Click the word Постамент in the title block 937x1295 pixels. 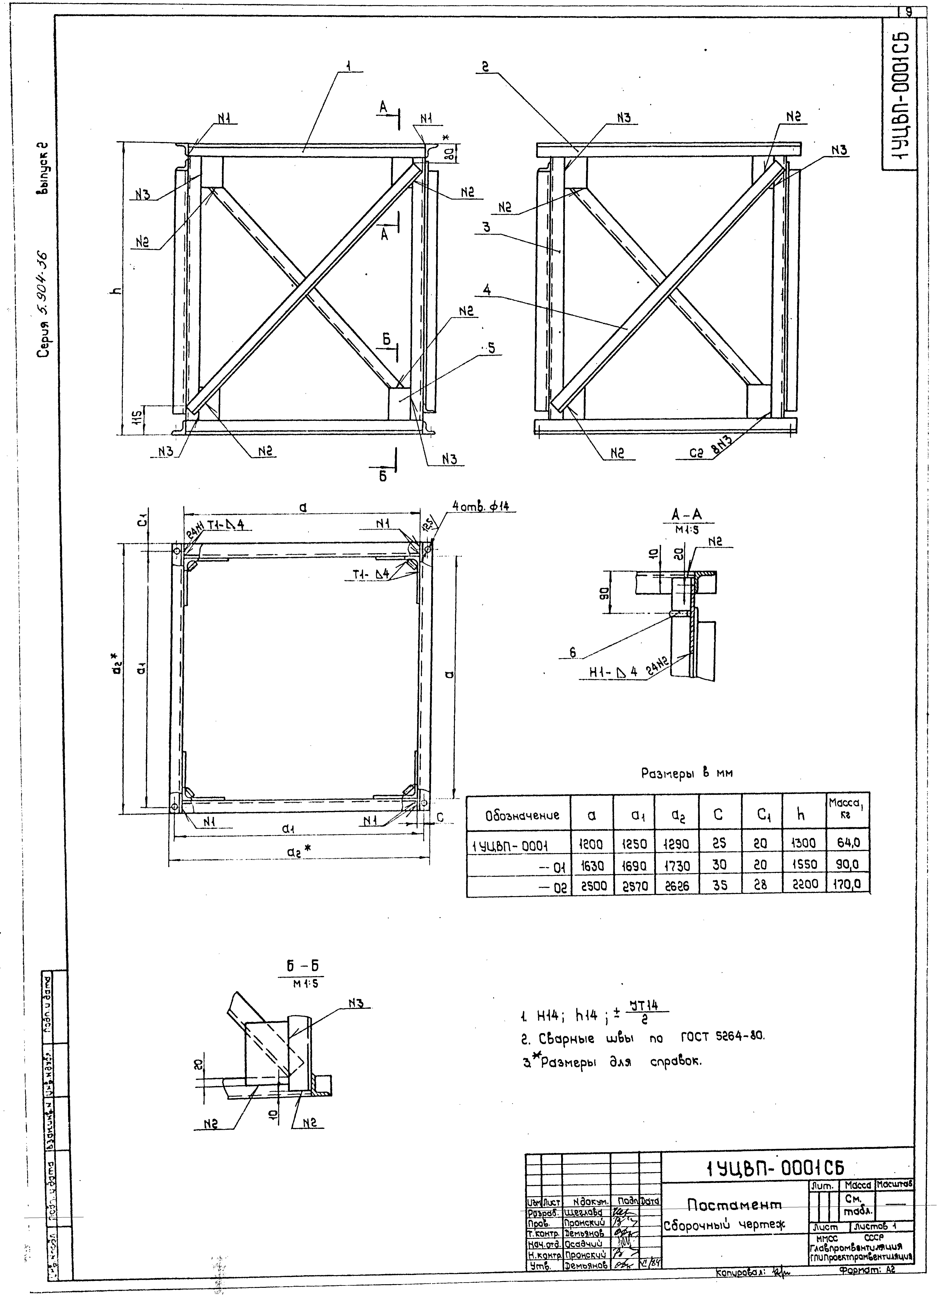pos(734,1205)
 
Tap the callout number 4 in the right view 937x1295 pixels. pos(486,290)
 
